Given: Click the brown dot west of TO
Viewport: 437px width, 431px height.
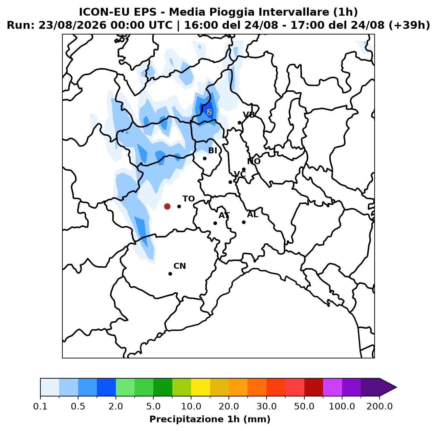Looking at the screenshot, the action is tap(167, 206).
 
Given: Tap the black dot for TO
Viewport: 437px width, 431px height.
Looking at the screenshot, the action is tap(179, 206).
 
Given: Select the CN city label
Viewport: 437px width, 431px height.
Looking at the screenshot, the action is tap(180, 266).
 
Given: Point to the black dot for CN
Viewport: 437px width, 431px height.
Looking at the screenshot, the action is tap(170, 274).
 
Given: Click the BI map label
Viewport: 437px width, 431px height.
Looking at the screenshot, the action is tap(213, 150).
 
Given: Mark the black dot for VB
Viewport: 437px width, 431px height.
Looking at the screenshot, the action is tap(239, 123).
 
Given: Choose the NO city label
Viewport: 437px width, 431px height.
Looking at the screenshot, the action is tap(254, 161).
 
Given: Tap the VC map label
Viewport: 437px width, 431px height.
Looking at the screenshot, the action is tap(240, 174).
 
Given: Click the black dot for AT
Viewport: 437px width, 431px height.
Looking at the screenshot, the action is tap(215, 223).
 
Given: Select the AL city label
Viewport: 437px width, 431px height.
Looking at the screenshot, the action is tap(252, 215).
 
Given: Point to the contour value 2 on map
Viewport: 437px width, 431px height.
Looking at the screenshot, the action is tap(209, 112).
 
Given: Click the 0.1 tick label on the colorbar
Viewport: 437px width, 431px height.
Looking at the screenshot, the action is tap(40, 406).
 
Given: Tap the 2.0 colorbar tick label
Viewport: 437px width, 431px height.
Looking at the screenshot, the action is tap(116, 406).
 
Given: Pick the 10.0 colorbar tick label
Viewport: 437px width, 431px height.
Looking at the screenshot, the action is tap(191, 406).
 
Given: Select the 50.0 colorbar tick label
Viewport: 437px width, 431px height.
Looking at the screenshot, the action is tap(304, 406).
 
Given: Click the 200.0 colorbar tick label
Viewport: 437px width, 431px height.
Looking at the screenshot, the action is tap(380, 406).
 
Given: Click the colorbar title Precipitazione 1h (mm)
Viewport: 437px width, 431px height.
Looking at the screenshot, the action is tap(210, 419).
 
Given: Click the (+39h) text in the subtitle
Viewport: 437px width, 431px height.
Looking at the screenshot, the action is tap(409, 25).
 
